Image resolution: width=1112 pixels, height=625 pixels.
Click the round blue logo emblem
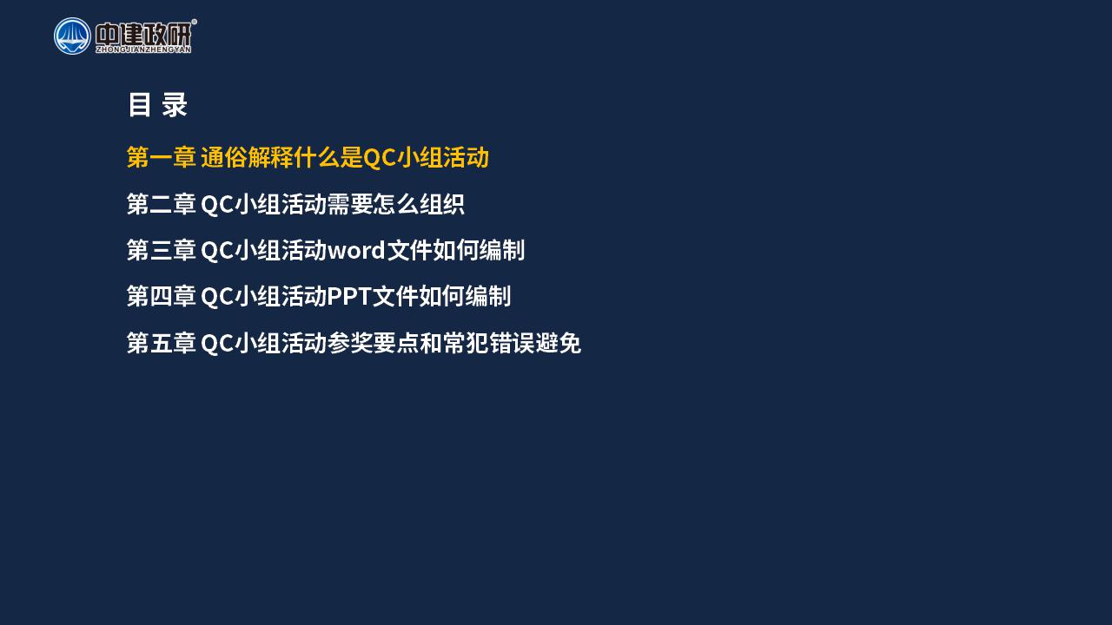point(72,36)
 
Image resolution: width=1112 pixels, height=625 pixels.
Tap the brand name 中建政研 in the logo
point(143,34)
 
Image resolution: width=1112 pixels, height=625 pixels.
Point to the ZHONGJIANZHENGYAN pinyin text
point(143,49)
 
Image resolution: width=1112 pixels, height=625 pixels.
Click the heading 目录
point(157,105)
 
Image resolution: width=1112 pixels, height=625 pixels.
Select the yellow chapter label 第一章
point(162,157)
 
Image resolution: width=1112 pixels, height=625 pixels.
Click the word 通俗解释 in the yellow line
point(248,157)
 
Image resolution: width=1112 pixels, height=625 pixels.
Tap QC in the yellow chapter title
point(380,158)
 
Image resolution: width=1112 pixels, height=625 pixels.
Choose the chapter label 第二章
point(162,204)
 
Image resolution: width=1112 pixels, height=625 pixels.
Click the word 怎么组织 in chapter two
point(419,204)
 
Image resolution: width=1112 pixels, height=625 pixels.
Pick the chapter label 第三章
point(162,250)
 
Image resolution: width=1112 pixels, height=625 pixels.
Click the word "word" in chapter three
point(356,250)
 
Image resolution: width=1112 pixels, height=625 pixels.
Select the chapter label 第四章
point(162,296)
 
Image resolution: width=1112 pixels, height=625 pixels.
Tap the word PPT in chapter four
point(349,297)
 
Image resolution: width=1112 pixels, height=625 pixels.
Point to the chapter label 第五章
point(162,343)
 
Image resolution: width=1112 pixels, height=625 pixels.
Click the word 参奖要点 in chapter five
point(373,343)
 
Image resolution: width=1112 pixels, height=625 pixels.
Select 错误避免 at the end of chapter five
point(535,343)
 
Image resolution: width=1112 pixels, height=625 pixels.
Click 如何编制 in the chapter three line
point(479,250)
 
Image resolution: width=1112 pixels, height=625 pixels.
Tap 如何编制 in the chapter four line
point(465,296)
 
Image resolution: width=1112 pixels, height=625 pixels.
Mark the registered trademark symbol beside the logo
point(194,22)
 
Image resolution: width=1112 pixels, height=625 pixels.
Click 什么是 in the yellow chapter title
point(328,157)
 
